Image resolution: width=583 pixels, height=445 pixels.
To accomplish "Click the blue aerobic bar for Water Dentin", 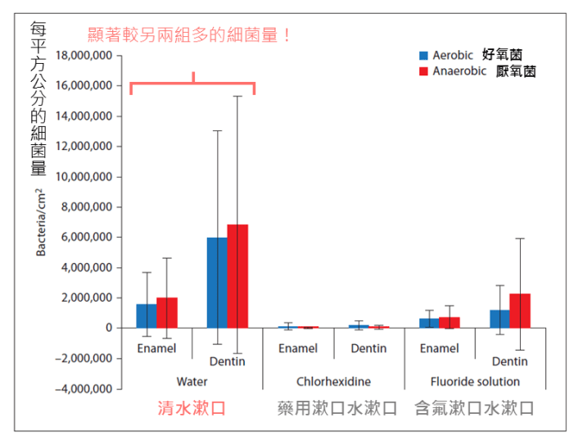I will click(217, 283).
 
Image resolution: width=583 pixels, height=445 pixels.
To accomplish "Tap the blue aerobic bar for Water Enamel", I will click(146, 316).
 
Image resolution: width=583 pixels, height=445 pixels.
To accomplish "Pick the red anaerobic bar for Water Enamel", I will click(167, 312).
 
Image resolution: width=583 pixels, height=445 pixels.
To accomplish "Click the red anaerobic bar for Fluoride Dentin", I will click(521, 311).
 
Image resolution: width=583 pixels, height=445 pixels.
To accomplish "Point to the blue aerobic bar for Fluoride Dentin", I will click(499, 319).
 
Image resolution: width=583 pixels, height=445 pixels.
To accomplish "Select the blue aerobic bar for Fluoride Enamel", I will click(428, 323).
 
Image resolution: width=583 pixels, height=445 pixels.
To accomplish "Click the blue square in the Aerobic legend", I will click(423, 56).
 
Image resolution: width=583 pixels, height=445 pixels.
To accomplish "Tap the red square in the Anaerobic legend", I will click(423, 71).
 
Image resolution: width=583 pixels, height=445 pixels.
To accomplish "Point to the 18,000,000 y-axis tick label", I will click(85, 56).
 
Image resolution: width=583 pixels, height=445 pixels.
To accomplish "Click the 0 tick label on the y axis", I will click(107, 328).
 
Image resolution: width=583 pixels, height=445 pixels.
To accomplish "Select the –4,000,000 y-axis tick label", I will click(83, 388).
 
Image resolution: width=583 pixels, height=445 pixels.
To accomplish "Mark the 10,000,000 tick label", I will click(85, 177).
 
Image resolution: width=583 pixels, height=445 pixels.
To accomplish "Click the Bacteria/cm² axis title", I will click(40, 222).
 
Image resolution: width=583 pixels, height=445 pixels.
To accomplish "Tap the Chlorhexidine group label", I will click(333, 382).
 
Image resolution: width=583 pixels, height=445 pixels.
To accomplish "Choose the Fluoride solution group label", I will click(475, 382).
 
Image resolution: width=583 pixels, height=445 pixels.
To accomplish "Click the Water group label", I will click(192, 382).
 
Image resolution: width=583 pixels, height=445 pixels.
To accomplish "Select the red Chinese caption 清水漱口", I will click(192, 408).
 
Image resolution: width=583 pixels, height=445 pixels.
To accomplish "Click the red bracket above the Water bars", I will click(192, 83).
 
